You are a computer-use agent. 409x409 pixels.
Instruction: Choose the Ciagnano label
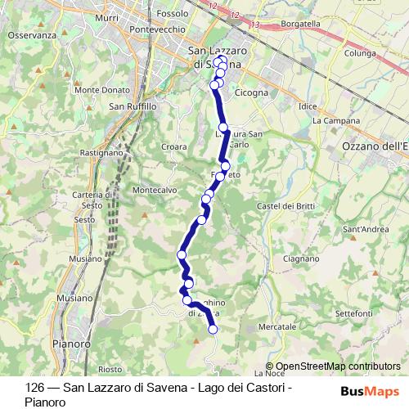point(294,258)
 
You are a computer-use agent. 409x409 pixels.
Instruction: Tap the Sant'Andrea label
point(365,229)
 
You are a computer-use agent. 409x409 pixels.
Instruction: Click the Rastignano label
point(101,152)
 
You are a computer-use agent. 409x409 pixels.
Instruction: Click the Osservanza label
point(32,35)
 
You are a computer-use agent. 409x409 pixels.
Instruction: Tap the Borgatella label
point(300,25)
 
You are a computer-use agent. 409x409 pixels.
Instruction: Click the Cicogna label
point(251,92)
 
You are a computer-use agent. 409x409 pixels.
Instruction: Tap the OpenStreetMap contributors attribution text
point(338,366)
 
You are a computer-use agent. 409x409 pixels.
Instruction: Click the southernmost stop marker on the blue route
point(213,330)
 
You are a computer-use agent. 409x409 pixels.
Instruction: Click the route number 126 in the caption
point(34,387)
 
